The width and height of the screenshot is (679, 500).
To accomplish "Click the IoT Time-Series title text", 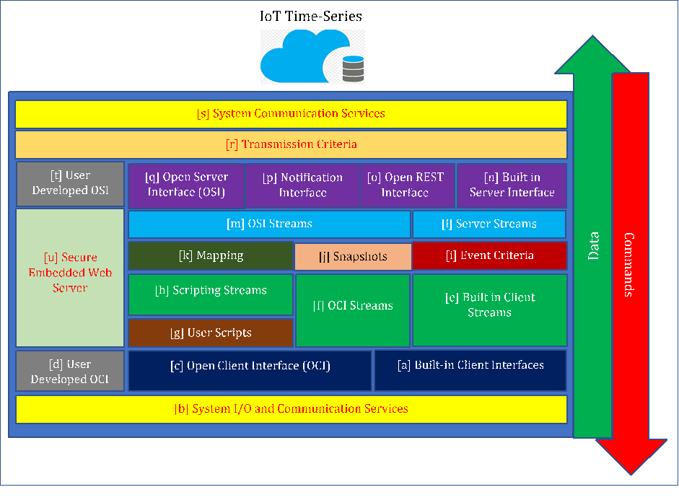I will click(311, 16).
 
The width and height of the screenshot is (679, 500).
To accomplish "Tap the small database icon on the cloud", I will click(353, 69).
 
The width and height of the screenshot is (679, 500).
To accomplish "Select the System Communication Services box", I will click(291, 114).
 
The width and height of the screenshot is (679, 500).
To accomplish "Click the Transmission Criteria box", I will click(291, 144).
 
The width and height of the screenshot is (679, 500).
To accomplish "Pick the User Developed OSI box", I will click(70, 184).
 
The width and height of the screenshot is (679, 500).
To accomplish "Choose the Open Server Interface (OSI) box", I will click(186, 185).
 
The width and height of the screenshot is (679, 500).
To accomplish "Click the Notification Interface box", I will click(302, 185).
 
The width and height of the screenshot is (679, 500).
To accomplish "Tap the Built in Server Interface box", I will click(512, 185).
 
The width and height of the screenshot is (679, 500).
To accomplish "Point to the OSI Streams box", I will click(269, 224).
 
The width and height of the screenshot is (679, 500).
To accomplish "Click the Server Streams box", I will click(489, 224).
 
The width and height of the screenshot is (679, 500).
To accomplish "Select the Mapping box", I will click(211, 256).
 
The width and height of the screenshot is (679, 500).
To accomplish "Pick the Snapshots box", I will click(353, 257).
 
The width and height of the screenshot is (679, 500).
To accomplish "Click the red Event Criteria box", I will click(489, 255).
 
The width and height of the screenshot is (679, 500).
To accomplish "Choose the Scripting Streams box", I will click(211, 291).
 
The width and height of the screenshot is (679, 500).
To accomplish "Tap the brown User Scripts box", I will click(211, 333).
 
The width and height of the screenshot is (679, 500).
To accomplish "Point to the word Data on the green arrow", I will click(594, 245).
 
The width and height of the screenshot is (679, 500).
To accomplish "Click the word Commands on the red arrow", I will click(628, 265).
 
